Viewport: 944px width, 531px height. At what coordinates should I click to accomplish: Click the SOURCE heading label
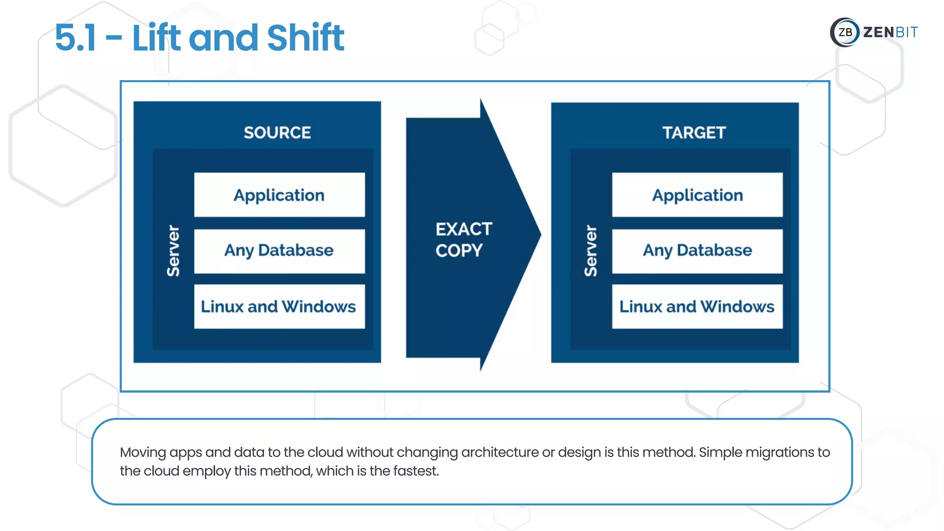click(x=277, y=133)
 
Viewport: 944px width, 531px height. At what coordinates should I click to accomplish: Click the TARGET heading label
click(x=694, y=133)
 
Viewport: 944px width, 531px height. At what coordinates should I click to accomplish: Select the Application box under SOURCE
click(x=279, y=195)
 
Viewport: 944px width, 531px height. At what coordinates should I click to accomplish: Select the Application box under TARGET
click(x=697, y=195)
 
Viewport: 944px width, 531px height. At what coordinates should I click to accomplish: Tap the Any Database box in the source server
click(x=279, y=251)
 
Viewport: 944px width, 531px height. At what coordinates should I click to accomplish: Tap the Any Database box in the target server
click(x=697, y=251)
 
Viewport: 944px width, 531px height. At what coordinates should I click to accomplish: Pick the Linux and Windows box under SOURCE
click(x=279, y=307)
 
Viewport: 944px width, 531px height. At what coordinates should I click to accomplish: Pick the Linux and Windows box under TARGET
click(x=697, y=307)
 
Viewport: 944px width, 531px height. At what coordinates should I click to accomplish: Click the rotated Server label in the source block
click(x=173, y=251)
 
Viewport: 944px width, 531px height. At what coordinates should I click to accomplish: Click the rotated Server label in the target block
click(x=590, y=251)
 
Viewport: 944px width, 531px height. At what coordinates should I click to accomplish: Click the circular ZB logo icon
click(x=845, y=32)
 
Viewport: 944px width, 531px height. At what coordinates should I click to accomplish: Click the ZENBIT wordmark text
click(x=890, y=32)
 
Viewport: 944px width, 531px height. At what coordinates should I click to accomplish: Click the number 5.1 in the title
click(x=76, y=38)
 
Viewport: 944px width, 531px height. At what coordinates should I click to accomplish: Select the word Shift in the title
click(x=305, y=38)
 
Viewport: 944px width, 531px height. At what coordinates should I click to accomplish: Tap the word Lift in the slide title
click(x=156, y=38)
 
